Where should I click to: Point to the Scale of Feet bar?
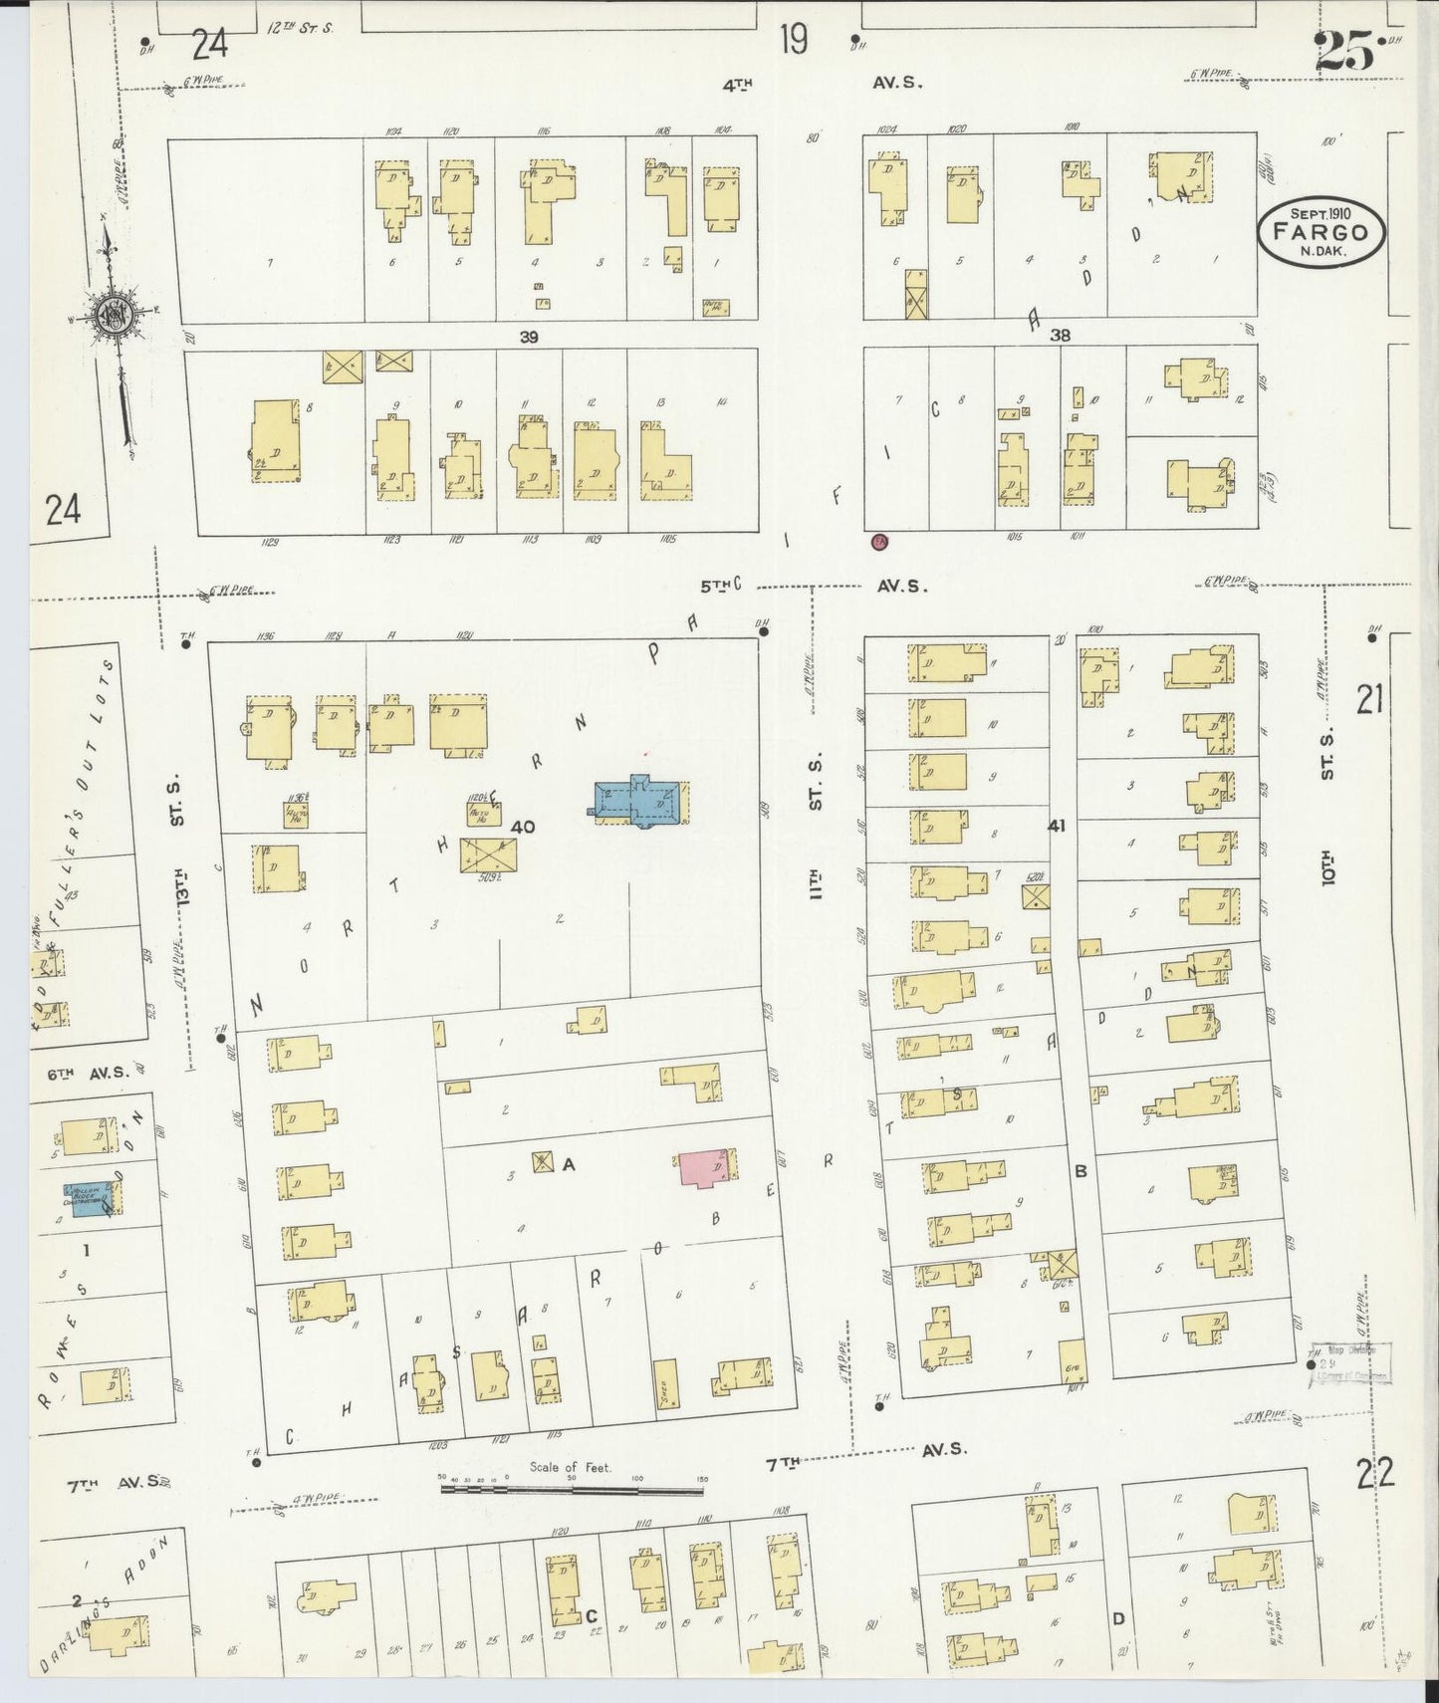(573, 1490)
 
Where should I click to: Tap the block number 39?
(529, 337)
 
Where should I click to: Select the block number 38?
(1060, 336)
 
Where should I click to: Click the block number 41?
(1057, 825)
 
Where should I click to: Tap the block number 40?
(523, 826)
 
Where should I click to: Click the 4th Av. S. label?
(822, 85)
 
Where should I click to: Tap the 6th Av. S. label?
(89, 1073)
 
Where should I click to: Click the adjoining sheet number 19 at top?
(794, 40)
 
